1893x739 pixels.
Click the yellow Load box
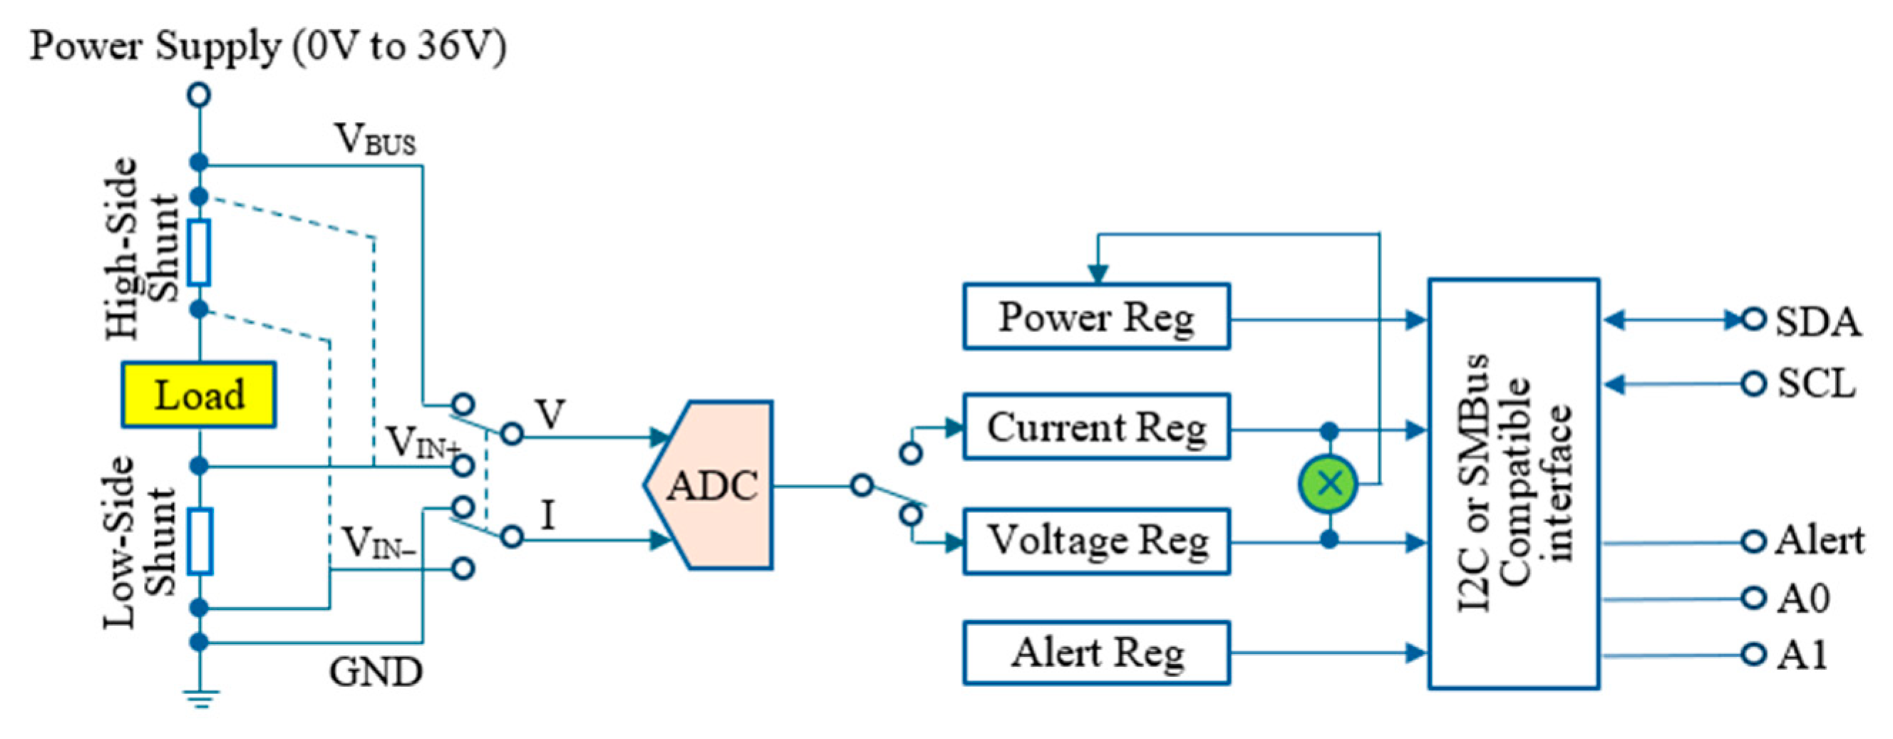(198, 395)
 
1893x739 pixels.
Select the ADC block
(711, 485)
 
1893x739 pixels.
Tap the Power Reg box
(1095, 316)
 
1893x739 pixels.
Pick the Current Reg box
(1095, 427)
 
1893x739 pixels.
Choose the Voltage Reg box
(1095, 542)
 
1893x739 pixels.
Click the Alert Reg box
(1095, 653)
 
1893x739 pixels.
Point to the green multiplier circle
(1329, 483)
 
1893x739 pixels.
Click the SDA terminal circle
(1753, 319)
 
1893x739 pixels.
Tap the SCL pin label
(1816, 383)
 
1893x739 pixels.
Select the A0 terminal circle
(1753, 598)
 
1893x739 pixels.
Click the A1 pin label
(1802, 654)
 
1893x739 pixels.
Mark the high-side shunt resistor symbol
(198, 252)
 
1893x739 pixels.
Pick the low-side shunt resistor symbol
(199, 542)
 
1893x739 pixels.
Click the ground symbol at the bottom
(200, 698)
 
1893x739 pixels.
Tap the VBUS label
(376, 139)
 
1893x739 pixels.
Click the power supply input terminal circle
(199, 95)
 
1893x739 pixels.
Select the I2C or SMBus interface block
(1514, 483)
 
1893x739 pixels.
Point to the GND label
(376, 671)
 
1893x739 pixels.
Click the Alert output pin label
(1819, 542)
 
